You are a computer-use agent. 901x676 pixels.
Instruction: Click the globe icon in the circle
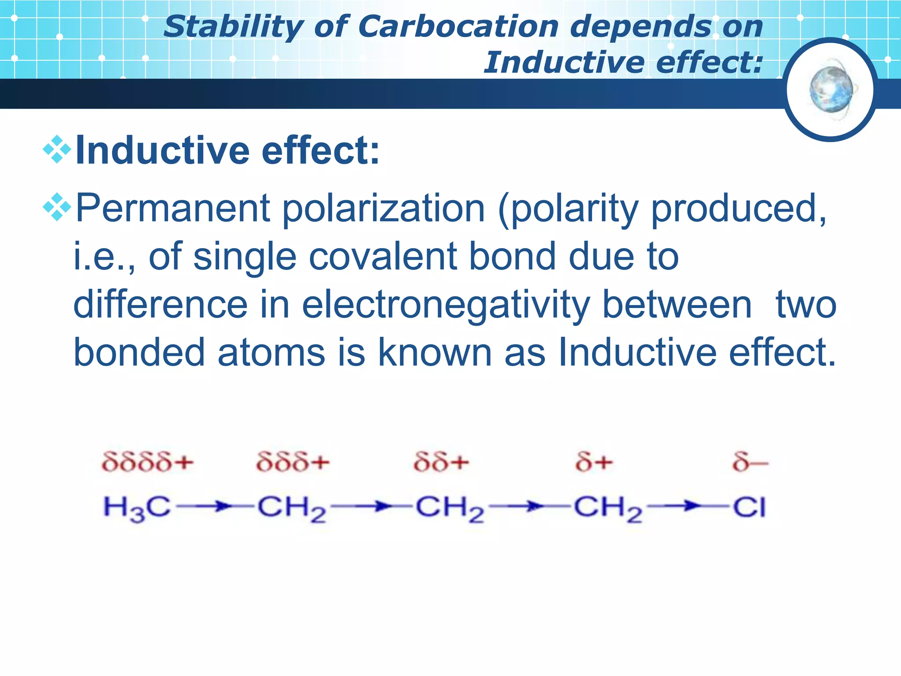tap(831, 89)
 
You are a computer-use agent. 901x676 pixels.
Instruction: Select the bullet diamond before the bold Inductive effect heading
tap(57, 150)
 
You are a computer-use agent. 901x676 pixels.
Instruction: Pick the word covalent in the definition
tap(381, 257)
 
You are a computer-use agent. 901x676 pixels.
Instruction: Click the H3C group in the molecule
tap(137, 508)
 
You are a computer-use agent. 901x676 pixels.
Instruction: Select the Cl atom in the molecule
tap(749, 507)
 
